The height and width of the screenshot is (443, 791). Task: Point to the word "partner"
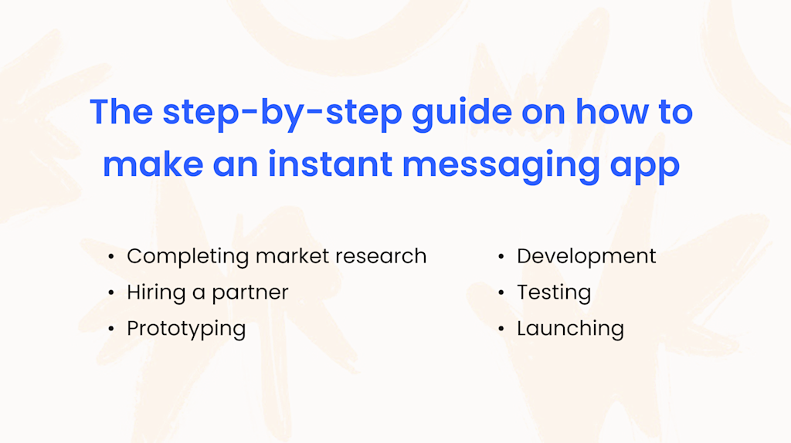click(x=250, y=293)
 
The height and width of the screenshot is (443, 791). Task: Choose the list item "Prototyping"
click(x=186, y=329)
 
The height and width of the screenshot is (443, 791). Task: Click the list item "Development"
click(x=586, y=256)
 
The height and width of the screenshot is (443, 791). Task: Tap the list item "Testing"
click(x=554, y=293)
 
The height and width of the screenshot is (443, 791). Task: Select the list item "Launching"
click(x=570, y=329)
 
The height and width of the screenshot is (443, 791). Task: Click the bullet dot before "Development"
click(x=501, y=257)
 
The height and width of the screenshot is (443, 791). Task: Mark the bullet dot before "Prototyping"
click(x=111, y=329)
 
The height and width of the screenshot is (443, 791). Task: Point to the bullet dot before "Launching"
click(x=501, y=329)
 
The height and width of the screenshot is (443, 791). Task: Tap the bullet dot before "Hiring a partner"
click(x=111, y=293)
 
